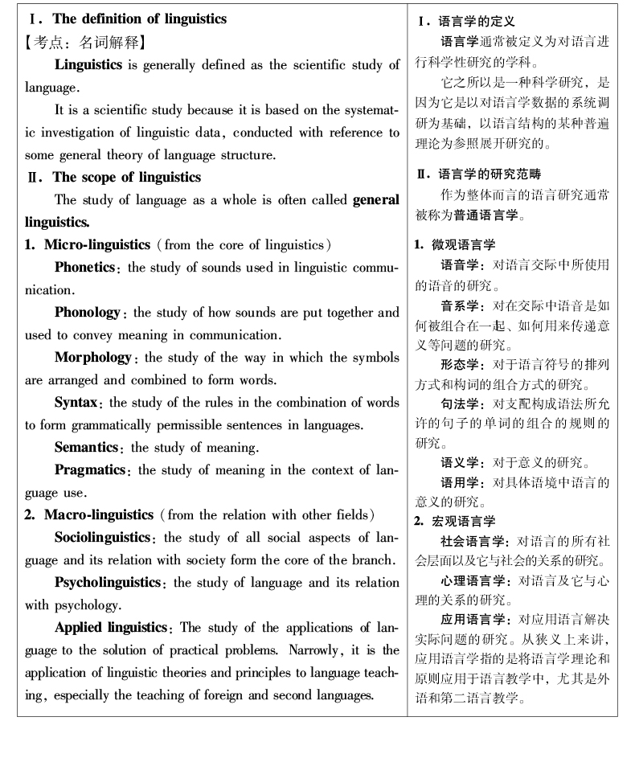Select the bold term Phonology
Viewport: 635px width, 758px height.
click(x=88, y=311)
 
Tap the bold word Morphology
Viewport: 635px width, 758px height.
click(x=92, y=356)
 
